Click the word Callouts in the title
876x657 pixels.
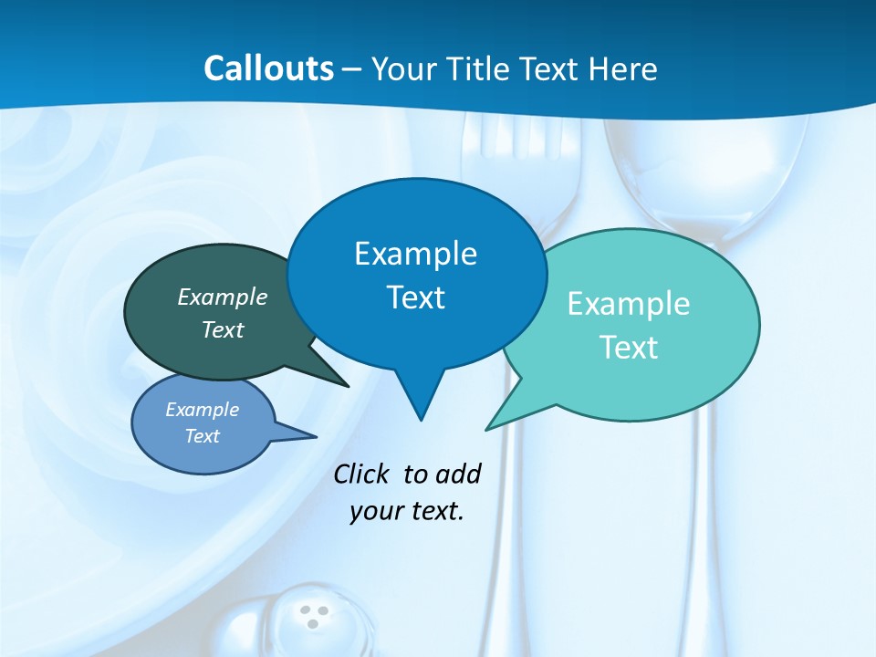point(269,68)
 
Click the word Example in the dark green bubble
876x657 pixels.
point(223,297)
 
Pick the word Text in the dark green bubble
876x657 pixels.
point(223,329)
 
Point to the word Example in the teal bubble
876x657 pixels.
point(629,304)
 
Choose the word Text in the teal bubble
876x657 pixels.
point(629,348)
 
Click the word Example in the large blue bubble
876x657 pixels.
point(415,254)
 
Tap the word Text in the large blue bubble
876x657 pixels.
point(415,297)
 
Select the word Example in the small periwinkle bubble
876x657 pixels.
point(203,410)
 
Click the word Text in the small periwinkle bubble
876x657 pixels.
point(203,436)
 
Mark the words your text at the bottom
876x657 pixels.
point(407,511)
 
